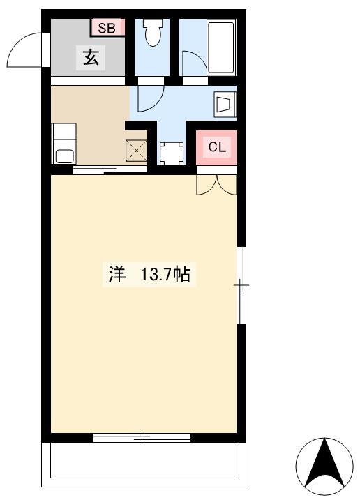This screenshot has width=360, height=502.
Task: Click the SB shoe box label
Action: point(107,28)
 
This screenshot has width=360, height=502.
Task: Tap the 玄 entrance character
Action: point(91,58)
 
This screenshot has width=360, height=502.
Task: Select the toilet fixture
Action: point(152,32)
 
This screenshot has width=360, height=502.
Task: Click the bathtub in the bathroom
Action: point(220,47)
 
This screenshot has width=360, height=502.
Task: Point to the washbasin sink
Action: point(225,105)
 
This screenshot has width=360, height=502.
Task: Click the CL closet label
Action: point(217,147)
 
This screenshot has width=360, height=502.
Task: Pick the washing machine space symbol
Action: point(172,153)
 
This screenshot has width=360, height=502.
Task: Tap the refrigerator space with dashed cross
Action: point(137,150)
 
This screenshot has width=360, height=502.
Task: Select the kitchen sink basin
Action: point(65,157)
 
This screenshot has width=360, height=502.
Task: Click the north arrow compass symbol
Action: point(324,466)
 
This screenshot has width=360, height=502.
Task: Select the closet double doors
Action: point(216,185)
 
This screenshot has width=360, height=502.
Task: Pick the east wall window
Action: point(241,284)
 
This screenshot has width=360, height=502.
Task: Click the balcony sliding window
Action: point(142,438)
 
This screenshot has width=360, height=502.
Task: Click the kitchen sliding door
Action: point(110,169)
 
